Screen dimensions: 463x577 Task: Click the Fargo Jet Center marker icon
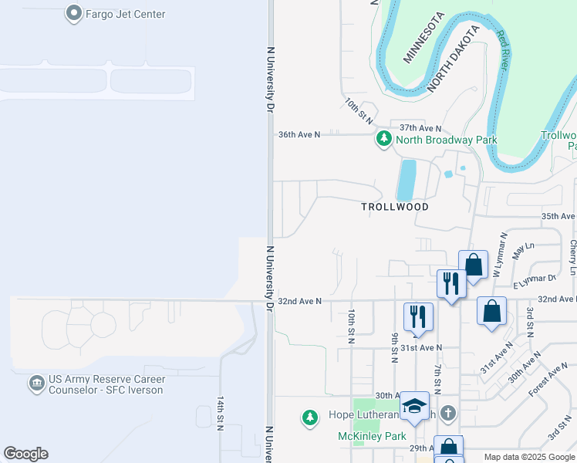74,13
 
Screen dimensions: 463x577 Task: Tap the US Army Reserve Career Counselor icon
36,384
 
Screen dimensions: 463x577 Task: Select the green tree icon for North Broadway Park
384,140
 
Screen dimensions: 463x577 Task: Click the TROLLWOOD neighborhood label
394,207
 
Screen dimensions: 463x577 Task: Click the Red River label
502,50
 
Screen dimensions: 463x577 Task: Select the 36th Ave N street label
299,134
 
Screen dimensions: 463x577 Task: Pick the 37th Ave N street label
420,128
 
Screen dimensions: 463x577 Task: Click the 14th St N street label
221,414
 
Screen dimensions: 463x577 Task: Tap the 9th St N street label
394,346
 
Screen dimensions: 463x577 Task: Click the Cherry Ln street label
572,257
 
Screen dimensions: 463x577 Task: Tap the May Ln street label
523,249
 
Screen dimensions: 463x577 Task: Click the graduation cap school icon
414,406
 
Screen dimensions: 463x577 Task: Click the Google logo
26,454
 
